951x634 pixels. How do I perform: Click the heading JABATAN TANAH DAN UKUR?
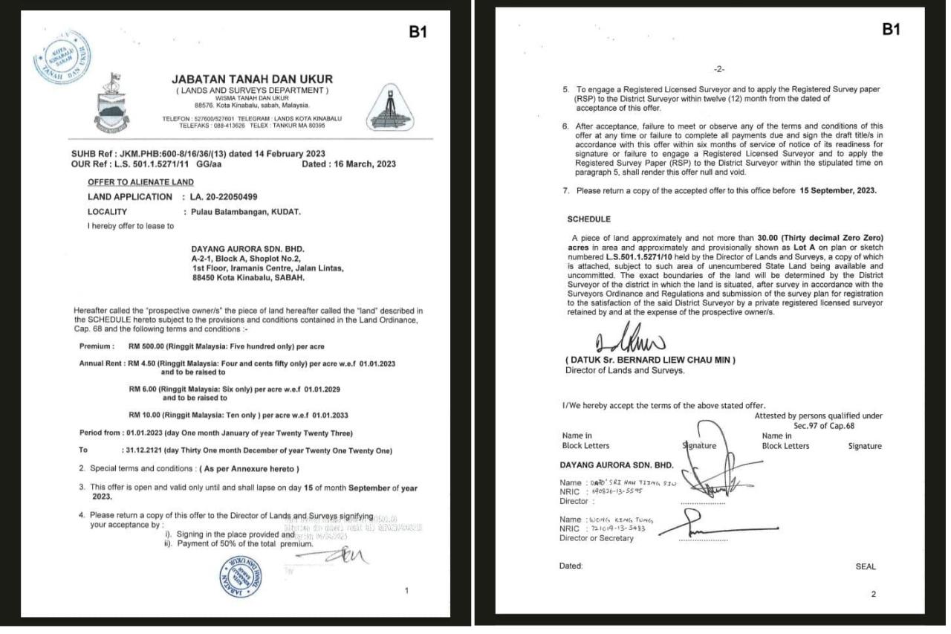point(252,79)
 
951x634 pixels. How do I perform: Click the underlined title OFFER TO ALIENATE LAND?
point(140,182)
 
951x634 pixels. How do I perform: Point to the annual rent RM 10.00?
point(146,415)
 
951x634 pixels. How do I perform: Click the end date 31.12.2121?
point(146,450)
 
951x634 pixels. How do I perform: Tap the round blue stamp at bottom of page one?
point(239,576)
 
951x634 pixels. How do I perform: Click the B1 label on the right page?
point(891,29)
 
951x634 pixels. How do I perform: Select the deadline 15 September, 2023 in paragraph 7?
point(837,191)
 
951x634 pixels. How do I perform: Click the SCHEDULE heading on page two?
point(588,219)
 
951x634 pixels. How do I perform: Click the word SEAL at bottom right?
point(866,566)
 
